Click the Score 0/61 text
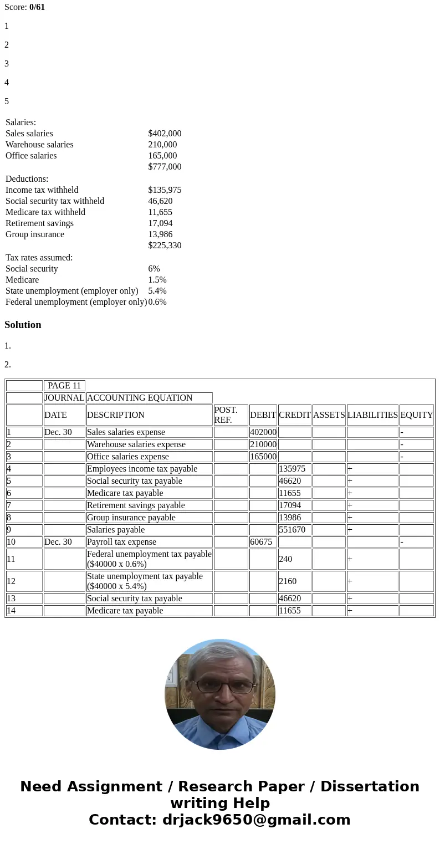tap(24, 7)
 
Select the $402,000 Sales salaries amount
tap(165, 134)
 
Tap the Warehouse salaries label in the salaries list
tap(39, 145)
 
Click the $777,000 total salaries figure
tap(165, 167)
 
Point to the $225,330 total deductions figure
tap(165, 245)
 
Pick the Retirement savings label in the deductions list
tap(39, 223)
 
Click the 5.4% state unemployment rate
tap(157, 291)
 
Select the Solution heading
tap(23, 325)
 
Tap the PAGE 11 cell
tap(64, 386)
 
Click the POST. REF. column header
tap(226, 415)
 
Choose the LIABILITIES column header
tap(372, 415)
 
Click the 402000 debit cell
tap(263, 432)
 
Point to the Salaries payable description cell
tap(116, 530)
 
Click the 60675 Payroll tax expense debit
tap(261, 542)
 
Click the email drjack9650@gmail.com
tap(256, 820)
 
